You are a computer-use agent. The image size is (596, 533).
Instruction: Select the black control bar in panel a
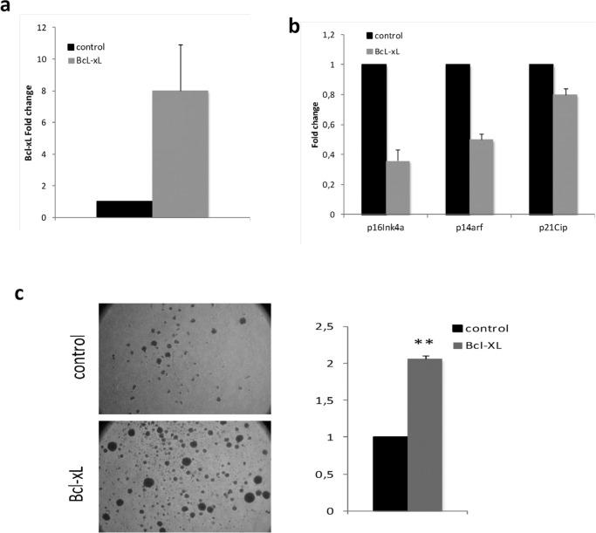click(x=124, y=208)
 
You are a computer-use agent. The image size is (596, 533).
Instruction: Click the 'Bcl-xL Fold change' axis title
click(x=30, y=123)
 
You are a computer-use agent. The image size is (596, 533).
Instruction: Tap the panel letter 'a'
click(x=8, y=8)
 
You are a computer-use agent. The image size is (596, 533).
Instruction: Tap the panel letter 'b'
click(x=294, y=27)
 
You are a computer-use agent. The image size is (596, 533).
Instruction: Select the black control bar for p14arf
click(x=458, y=140)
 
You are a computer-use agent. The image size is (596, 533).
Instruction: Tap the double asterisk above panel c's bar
click(x=425, y=345)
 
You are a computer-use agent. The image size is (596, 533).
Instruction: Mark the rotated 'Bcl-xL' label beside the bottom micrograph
click(x=77, y=475)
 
